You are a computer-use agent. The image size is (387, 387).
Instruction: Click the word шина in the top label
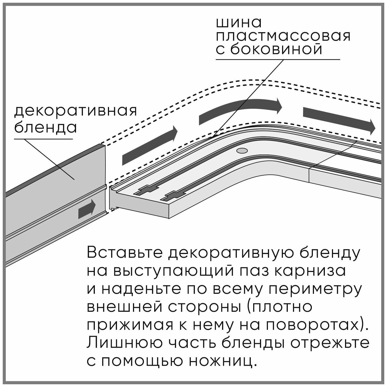coord(239,23)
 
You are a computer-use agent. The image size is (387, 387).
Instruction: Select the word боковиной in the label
coord(276,50)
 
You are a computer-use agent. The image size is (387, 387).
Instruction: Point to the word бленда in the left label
coord(45,127)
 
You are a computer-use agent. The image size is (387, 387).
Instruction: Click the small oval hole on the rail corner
coord(242,151)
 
